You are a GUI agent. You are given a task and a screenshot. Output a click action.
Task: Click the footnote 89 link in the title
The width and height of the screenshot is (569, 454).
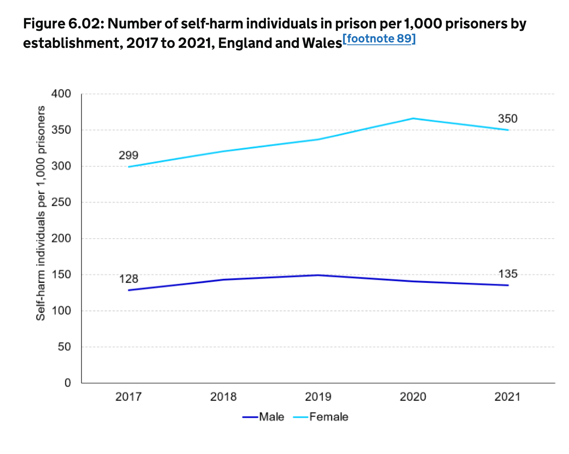click(x=379, y=39)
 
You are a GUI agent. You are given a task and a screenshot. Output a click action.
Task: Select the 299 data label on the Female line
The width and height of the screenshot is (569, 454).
click(x=128, y=155)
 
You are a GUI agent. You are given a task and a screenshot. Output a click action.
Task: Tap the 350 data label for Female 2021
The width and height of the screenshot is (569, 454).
click(x=508, y=119)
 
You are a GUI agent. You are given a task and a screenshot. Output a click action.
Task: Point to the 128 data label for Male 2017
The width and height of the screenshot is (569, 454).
click(x=128, y=279)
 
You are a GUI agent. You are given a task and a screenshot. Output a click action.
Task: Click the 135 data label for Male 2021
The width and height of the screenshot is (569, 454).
click(x=508, y=274)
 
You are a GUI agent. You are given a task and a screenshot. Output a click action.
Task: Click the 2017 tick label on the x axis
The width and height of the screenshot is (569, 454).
click(x=128, y=397)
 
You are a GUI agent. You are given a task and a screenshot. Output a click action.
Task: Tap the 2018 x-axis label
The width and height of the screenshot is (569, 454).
click(x=223, y=397)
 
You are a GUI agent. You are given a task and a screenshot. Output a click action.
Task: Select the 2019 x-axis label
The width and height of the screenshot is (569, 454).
click(x=318, y=397)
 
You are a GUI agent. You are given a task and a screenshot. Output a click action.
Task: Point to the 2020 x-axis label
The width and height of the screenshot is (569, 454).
click(x=413, y=397)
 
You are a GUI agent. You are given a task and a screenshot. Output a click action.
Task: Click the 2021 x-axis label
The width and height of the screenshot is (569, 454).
click(x=508, y=397)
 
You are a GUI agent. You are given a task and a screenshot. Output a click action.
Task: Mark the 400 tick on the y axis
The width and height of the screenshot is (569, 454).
click(x=61, y=94)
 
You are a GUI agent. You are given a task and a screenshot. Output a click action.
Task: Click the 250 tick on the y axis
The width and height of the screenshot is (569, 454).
click(x=61, y=202)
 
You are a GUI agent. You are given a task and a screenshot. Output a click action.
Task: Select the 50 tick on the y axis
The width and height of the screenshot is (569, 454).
click(x=64, y=347)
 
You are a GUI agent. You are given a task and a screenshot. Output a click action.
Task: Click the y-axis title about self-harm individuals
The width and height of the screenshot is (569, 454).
click(x=40, y=213)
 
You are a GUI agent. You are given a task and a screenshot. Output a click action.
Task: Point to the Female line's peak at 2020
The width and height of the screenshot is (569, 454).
click(x=413, y=118)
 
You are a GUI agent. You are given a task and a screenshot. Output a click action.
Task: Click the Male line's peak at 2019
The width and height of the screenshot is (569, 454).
click(x=318, y=275)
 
